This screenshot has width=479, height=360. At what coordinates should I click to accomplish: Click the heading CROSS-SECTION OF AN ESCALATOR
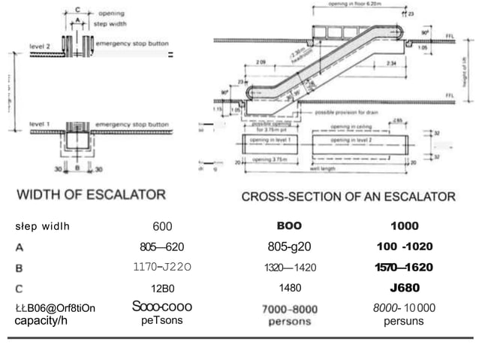coord(348,197)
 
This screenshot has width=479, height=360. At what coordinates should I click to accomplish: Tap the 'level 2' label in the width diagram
coord(40,46)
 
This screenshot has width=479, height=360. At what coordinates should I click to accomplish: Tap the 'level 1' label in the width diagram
coord(40,121)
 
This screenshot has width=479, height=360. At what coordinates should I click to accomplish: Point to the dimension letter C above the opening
coord(76,9)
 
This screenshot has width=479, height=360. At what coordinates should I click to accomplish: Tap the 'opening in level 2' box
coord(362,140)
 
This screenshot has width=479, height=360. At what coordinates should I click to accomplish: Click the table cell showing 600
coord(162,226)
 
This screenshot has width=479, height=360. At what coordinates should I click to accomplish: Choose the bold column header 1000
coord(405,226)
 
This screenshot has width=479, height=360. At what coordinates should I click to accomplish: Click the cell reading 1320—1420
coord(290,268)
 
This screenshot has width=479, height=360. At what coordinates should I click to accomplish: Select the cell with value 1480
coord(290,287)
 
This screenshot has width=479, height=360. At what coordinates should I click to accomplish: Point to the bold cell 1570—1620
coord(405,268)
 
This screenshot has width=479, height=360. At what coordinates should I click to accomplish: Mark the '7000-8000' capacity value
coord(290,309)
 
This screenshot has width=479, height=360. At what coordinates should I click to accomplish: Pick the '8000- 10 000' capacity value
coord(404,307)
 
